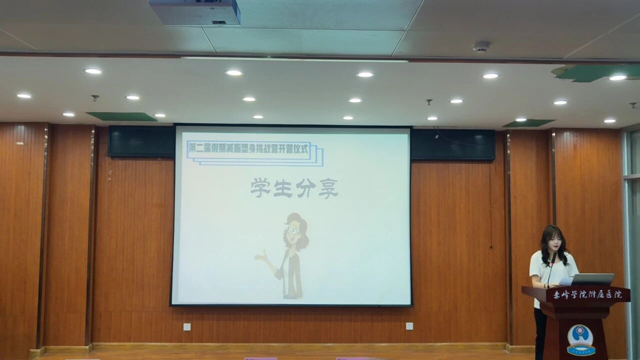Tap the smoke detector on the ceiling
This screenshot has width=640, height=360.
click(481, 46)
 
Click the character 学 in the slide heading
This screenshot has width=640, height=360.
click(260, 188)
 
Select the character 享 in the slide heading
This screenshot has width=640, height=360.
click(328, 188)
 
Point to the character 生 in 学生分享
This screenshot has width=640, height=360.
click(283, 188)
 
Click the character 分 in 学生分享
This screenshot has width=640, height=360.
click(305, 188)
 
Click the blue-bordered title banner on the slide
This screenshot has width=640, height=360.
click(250, 148)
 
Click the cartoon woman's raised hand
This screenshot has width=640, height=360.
click(260, 257)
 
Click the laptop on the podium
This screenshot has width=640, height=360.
click(592, 279)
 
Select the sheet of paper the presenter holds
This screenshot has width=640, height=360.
click(565, 281)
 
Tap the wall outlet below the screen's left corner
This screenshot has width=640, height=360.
click(187, 326)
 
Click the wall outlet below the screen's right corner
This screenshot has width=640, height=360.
click(409, 326)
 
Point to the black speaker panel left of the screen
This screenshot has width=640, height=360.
click(141, 142)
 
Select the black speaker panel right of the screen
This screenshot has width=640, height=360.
click(453, 144)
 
